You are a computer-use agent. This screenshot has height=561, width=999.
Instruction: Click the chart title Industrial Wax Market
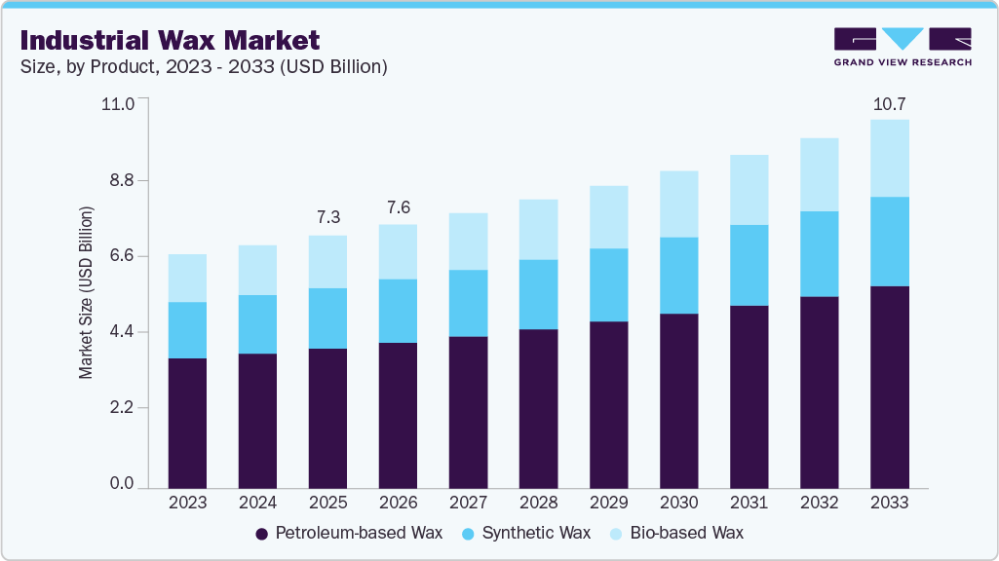(x=169, y=41)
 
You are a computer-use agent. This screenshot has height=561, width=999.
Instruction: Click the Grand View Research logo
(x=902, y=46)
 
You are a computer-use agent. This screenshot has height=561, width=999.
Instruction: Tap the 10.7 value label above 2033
(x=889, y=103)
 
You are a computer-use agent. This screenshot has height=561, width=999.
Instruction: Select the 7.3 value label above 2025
(x=327, y=217)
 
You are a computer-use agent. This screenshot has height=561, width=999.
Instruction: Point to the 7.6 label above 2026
(x=398, y=206)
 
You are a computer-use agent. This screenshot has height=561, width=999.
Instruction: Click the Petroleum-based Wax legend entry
(x=348, y=533)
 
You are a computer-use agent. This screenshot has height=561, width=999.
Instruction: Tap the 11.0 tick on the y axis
(x=119, y=102)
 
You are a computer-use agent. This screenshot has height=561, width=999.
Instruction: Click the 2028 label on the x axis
(x=538, y=504)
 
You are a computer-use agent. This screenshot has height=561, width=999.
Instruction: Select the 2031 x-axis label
(x=749, y=504)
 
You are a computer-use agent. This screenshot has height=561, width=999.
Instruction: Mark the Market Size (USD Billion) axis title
(x=86, y=293)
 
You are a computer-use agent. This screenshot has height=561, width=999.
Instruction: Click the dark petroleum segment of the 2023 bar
(x=187, y=423)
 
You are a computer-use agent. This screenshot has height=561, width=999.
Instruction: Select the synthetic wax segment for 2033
(x=889, y=242)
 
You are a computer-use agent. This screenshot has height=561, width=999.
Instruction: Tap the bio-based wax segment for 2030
(x=678, y=204)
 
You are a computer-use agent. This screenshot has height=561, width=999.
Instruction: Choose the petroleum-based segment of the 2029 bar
(x=608, y=404)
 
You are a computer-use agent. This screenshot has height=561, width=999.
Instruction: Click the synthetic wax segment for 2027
(x=468, y=303)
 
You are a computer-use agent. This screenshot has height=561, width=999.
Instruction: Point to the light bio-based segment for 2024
(x=257, y=270)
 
